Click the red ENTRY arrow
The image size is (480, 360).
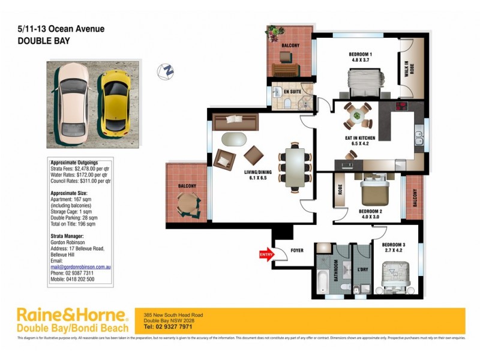coord(265,254)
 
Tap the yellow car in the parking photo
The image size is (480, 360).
coord(114,102)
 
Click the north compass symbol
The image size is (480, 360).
coord(166,71)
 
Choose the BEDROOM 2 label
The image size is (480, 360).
coord(370,214)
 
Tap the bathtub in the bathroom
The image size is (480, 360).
coord(323,283)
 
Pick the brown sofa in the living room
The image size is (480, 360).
coord(235,122)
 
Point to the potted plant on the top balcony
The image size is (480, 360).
coord(276,31)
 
